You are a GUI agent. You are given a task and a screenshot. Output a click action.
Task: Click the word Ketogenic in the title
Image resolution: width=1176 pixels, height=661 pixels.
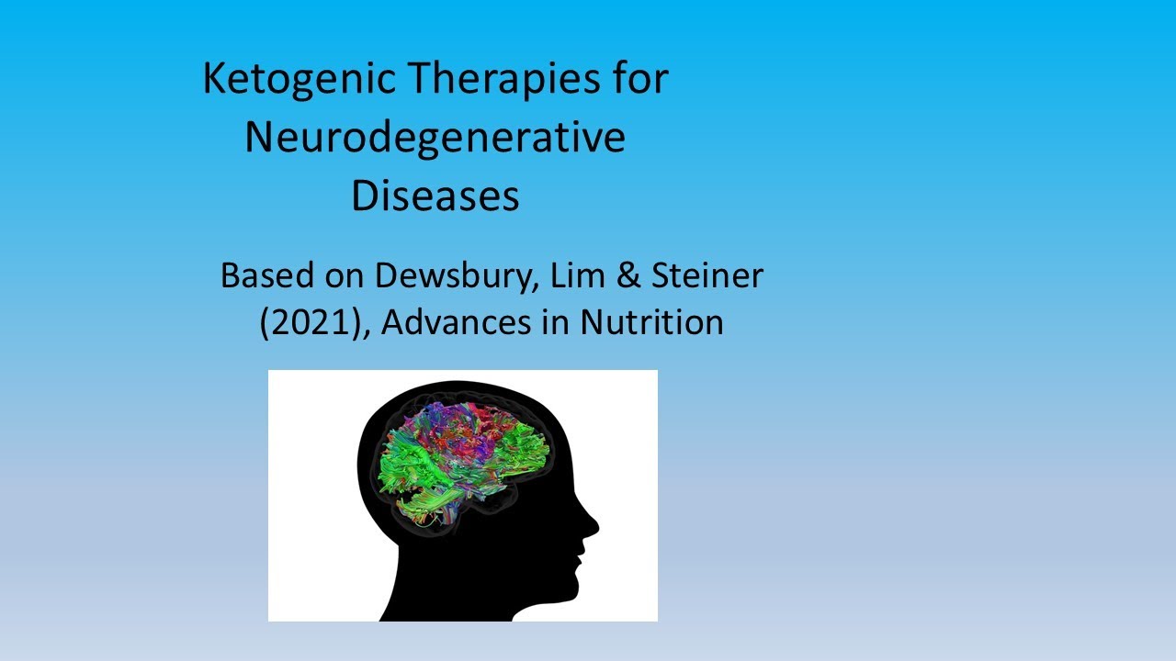coord(300,80)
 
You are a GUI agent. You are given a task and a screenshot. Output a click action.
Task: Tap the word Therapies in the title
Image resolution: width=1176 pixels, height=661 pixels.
coord(505,80)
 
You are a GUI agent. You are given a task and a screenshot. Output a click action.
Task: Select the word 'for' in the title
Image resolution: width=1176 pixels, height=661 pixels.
coord(641,78)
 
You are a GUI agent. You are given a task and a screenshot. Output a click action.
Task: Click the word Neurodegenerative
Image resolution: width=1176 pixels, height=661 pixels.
coord(435,138)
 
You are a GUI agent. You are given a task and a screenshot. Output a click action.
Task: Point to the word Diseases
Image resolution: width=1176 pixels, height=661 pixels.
coord(435,196)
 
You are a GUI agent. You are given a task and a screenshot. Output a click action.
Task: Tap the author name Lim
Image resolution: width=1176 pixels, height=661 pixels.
coord(578,275)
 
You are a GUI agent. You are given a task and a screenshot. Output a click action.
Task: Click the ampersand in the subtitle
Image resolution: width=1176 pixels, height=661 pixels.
coord(629,275)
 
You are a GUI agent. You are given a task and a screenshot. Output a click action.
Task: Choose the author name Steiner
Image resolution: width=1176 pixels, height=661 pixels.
coord(707,275)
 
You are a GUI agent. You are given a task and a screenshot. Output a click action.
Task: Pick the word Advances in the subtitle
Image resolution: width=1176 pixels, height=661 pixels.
coord(457,322)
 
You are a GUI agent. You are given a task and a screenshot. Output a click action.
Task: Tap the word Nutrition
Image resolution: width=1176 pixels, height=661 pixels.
coord(652,322)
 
